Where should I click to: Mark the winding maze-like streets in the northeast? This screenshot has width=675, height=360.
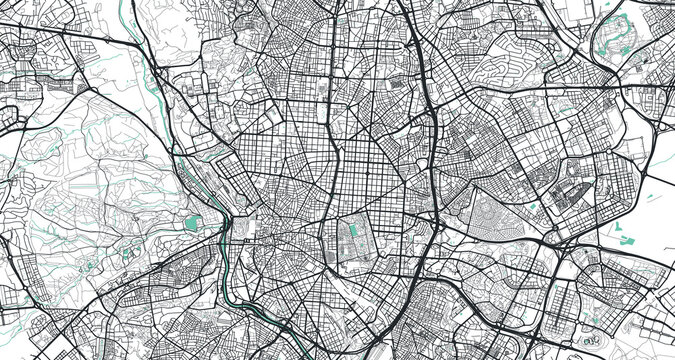click(510, 55)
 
